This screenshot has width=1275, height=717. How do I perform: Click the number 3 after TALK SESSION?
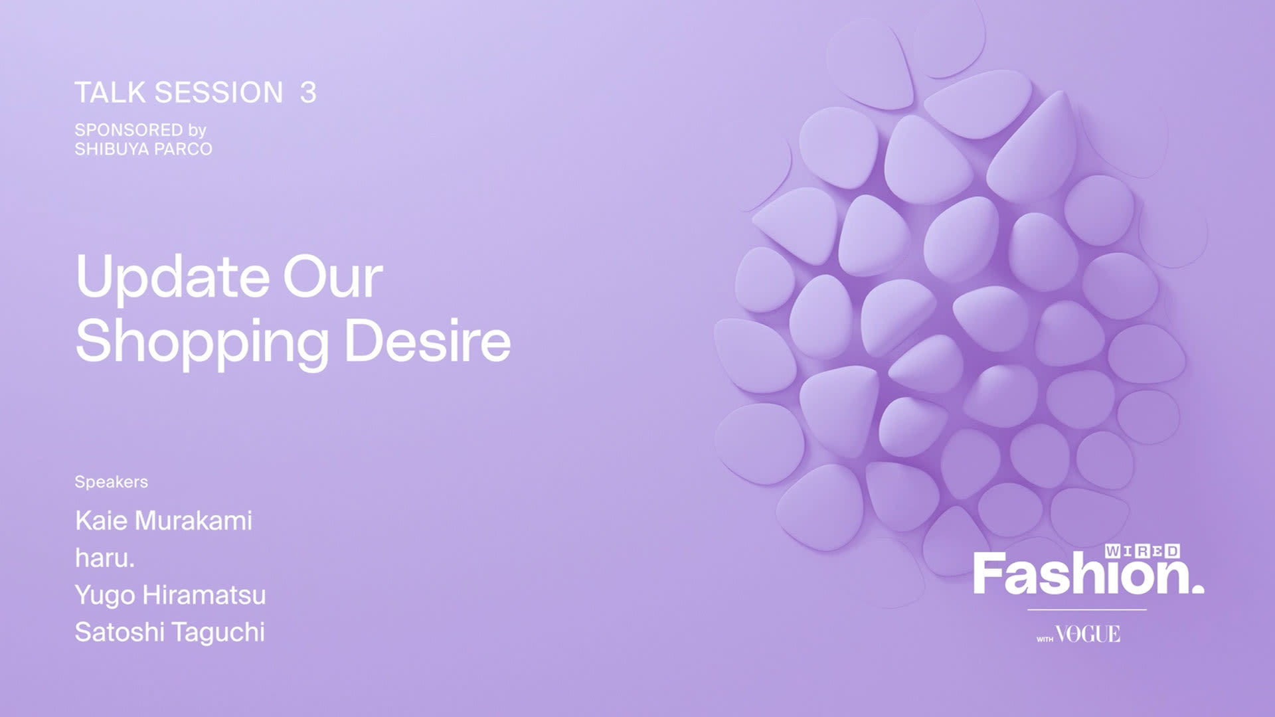click(x=308, y=93)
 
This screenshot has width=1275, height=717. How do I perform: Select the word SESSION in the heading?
click(x=219, y=93)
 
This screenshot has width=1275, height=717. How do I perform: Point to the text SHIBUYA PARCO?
click(x=143, y=149)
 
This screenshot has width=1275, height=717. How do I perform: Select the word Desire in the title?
click(x=428, y=341)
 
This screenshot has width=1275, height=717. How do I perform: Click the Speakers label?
click(x=111, y=483)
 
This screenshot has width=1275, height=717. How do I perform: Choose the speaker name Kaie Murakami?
click(x=163, y=521)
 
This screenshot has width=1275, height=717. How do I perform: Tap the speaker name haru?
click(x=105, y=558)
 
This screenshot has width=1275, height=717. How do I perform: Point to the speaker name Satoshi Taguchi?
click(x=170, y=633)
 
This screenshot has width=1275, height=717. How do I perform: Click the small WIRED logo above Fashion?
click(x=1143, y=551)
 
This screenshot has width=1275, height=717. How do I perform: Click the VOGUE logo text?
click(x=1088, y=635)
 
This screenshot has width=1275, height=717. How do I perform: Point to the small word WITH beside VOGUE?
click(x=1045, y=639)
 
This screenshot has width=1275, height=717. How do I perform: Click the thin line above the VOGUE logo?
click(x=1087, y=609)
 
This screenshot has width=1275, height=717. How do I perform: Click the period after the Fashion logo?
click(x=1197, y=588)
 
